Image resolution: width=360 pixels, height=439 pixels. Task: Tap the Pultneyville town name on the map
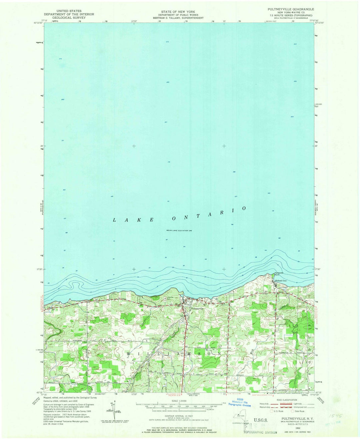[x=193, y=308]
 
